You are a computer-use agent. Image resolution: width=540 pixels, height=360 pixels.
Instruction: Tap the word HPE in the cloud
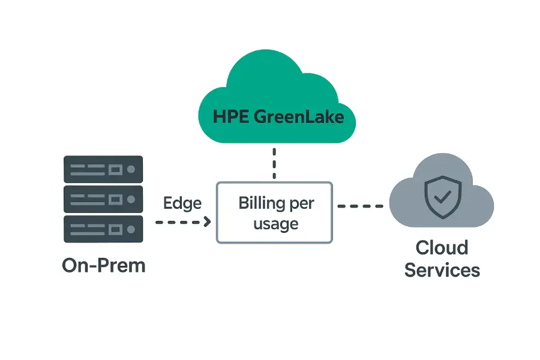(231, 116)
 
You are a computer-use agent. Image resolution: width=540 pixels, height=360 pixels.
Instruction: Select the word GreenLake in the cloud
(299, 116)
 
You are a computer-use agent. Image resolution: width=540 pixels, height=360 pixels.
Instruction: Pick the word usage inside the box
(275, 224)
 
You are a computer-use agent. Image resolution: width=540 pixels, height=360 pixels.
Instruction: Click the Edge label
(182, 203)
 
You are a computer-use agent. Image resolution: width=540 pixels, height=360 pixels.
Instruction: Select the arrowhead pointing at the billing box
(207, 221)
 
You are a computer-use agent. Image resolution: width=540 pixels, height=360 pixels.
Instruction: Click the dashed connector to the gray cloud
(360, 206)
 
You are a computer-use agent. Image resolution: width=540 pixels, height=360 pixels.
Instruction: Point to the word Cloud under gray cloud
(442, 247)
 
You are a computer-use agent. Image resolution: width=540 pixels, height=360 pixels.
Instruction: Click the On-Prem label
(104, 265)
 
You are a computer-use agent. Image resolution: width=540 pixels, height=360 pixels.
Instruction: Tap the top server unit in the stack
(103, 170)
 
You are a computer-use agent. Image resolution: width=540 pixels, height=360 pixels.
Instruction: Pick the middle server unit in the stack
(103, 199)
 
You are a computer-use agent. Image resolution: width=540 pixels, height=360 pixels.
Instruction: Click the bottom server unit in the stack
(103, 229)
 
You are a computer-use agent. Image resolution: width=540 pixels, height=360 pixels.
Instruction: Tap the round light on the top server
(131, 170)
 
